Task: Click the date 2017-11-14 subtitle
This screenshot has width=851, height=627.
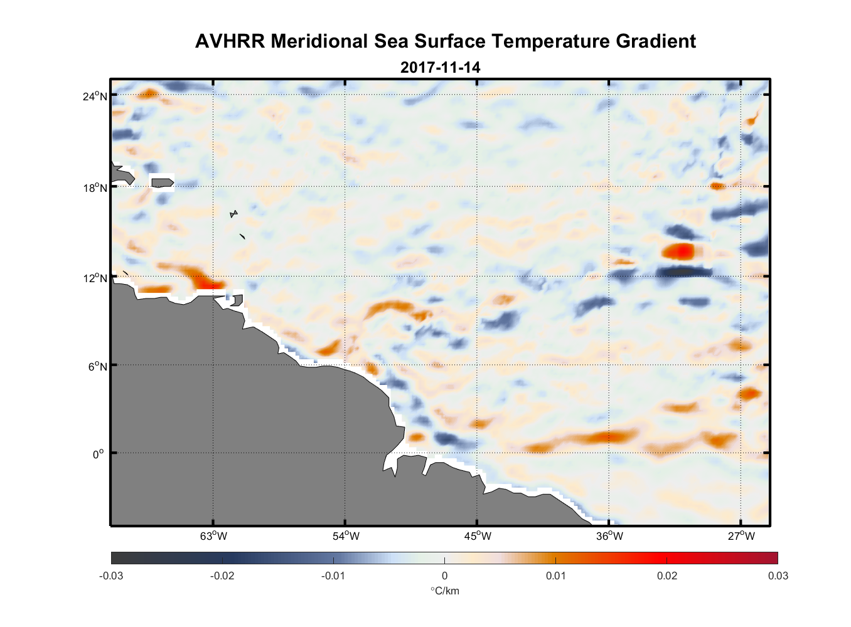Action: click(x=440, y=67)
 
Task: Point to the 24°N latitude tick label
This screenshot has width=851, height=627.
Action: click(x=95, y=97)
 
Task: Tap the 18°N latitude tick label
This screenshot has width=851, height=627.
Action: click(x=95, y=188)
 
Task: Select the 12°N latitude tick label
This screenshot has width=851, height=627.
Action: click(x=95, y=278)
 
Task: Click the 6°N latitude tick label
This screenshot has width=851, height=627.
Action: click(x=97, y=367)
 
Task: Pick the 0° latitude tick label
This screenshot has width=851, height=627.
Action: click(x=99, y=455)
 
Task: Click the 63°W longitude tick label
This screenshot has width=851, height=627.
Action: click(x=213, y=536)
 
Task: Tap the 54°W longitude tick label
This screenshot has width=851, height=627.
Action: click(x=346, y=536)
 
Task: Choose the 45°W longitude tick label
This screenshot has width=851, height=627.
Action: click(x=478, y=536)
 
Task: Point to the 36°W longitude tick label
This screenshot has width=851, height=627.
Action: click(x=609, y=536)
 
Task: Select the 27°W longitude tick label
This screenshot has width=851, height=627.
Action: click(x=741, y=536)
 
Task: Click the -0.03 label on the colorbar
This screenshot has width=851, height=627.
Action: click(x=111, y=576)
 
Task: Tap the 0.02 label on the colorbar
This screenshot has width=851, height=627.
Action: click(x=666, y=576)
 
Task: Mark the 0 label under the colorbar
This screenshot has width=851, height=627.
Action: click(x=444, y=576)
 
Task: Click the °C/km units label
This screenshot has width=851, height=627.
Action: click(x=444, y=591)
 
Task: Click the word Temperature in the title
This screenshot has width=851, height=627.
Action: click(x=550, y=41)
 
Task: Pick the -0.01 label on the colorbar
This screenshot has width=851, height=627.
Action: click(x=333, y=576)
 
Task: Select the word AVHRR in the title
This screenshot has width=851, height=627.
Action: click(x=230, y=41)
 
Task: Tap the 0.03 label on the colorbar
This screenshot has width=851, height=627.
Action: click(x=778, y=576)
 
